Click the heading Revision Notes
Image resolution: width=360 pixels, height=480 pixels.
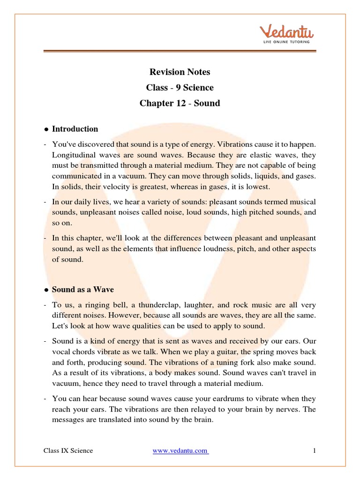pos(180,72)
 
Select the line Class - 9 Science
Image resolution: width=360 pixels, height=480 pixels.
pos(180,88)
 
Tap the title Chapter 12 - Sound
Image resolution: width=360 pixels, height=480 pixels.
pos(180,103)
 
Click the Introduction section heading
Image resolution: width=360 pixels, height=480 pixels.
pos(75,129)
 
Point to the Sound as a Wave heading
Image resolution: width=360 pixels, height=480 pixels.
pos(83,290)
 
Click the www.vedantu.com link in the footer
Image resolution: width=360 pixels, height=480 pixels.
pos(180,451)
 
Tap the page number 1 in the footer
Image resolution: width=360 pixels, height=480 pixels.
pos(315,451)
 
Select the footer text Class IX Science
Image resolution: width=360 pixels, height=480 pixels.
pos(68,451)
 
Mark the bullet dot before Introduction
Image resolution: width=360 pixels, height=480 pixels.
pos(46,129)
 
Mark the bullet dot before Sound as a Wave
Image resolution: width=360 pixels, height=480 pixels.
pos(46,290)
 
